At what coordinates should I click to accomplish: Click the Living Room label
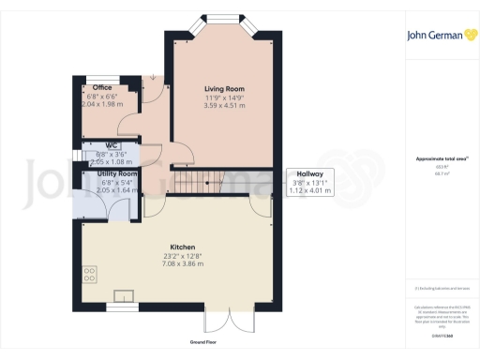coord(224,88)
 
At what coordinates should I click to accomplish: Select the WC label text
coord(111,145)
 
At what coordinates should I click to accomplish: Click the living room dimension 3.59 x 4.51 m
coord(224,106)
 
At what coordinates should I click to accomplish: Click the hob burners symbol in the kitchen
coord(90,275)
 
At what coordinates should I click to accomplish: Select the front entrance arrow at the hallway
coord(153,78)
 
